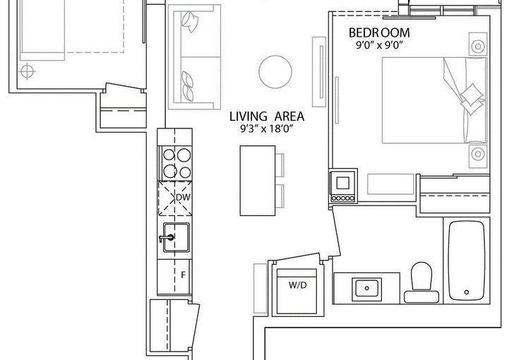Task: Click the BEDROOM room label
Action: tap(379, 32)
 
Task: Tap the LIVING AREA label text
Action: tap(266, 116)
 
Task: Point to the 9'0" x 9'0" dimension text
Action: tap(379, 45)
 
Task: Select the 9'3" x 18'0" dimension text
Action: tap(266, 129)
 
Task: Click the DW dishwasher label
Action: tap(183, 198)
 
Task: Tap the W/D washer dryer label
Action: tap(298, 285)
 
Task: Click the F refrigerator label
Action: tap(184, 275)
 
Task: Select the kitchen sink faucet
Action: tap(167, 238)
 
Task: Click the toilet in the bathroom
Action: tap(422, 282)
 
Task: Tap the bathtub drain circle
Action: tap(467, 292)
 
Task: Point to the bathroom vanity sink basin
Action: tap(366, 289)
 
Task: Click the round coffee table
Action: tap(275, 72)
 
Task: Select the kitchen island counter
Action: tap(258, 181)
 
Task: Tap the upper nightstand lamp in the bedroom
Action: tap(478, 46)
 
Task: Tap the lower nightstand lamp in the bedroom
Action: tap(478, 153)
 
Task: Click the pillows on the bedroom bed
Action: tap(472, 98)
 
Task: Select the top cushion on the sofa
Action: tap(190, 21)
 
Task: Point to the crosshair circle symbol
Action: tap(28, 71)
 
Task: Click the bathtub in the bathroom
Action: tap(467, 260)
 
